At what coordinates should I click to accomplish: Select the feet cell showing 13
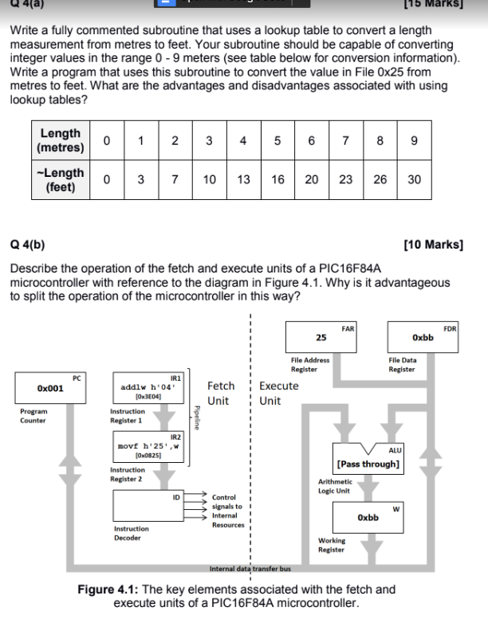pos(243,179)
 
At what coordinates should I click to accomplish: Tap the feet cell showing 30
pos(414,179)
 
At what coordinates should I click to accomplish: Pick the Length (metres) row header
pos(61,141)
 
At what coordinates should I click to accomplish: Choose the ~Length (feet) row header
pos(61,179)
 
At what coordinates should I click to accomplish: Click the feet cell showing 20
pos(312,179)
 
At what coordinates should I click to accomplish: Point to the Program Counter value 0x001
pos(50,387)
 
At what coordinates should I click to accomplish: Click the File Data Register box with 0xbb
pos(423,338)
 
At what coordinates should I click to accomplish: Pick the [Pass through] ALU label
pos(368,463)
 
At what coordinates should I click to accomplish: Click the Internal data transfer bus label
pos(250,569)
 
